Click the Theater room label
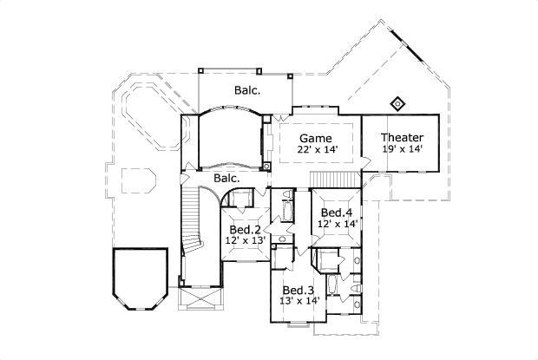pos(403,137)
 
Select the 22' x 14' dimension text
pos(318,149)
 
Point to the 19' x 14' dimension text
pos(403,149)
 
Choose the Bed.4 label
pos(337,213)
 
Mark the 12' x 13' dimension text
pos(246,240)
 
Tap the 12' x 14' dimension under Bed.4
pos(337,223)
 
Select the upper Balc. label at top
pos(247,88)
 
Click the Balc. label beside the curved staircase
pos(226,178)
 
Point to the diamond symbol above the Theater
pos(398,104)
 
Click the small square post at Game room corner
pos(268,166)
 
